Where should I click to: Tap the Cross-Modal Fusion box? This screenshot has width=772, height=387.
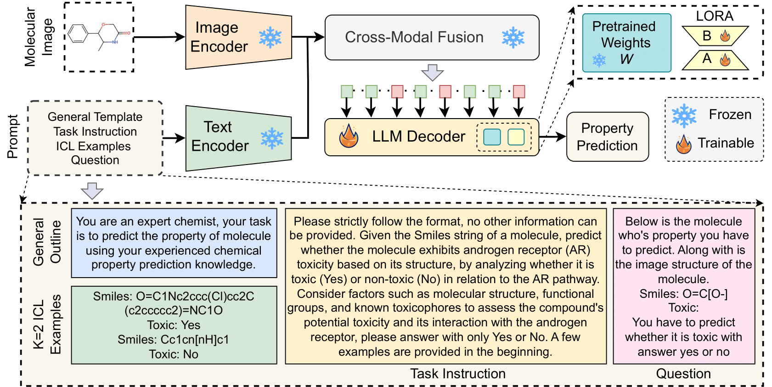pos(432,37)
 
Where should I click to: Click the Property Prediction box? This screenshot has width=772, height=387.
pos(607,137)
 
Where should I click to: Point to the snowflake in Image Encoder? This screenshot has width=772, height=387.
pos(270,37)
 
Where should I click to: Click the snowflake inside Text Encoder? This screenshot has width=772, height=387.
pos(272,138)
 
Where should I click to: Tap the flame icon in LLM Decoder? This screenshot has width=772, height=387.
pos(349,137)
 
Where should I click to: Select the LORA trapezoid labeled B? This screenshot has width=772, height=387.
pos(715,36)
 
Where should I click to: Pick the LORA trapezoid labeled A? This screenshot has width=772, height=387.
pos(715,59)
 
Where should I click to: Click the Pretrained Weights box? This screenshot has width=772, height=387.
pos(626,43)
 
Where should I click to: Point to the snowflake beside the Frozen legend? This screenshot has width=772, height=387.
pos(684,115)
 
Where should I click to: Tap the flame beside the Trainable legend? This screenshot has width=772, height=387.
pos(683,144)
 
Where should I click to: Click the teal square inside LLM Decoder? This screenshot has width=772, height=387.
pos(492,137)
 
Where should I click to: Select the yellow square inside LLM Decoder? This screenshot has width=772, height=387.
pos(516,137)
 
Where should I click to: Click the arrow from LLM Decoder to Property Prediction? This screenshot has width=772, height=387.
pos(552,137)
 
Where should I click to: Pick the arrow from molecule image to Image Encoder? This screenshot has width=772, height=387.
pos(159,37)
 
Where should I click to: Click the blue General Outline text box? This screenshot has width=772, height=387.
pos(174,243)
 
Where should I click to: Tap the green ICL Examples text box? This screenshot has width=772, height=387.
pos(174,325)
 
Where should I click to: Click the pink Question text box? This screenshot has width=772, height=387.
pos(683,286)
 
